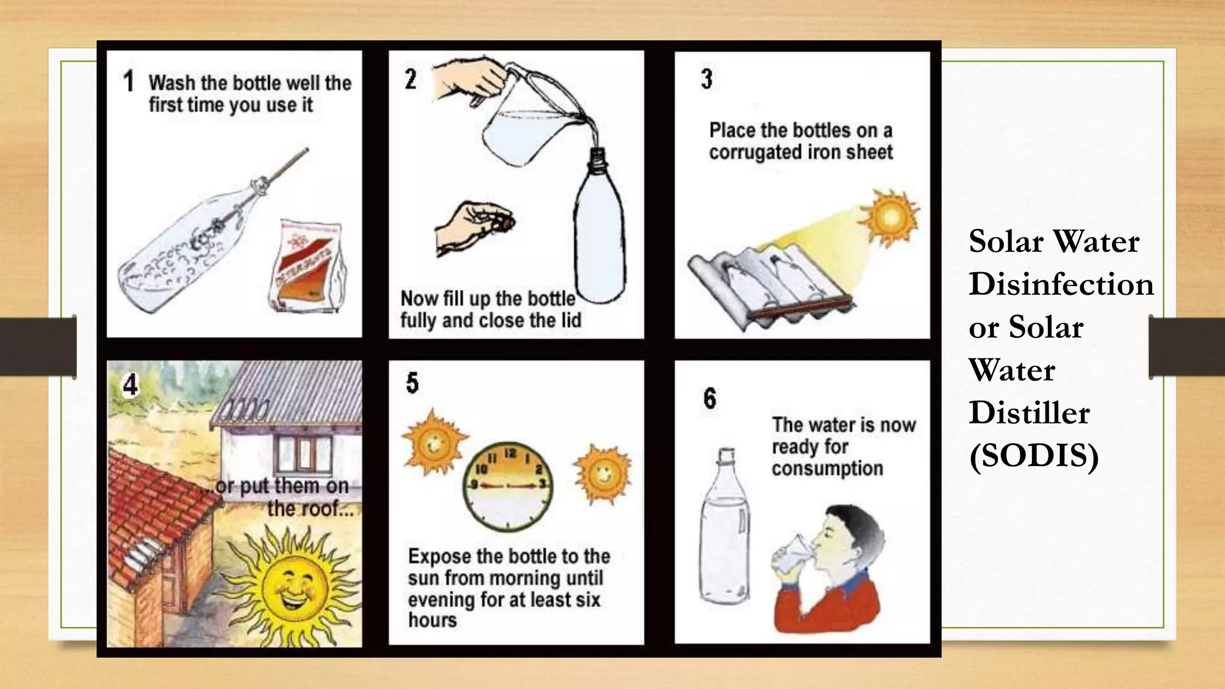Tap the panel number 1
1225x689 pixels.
[129, 81]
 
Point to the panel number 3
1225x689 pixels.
[706, 79]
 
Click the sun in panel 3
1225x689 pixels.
[889, 217]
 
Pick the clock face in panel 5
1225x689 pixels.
[507, 486]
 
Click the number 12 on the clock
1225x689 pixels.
[510, 454]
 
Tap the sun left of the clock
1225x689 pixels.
[434, 442]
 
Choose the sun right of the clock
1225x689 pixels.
[603, 474]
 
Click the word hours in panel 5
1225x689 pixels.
[432, 620]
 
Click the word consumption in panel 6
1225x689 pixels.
[827, 468]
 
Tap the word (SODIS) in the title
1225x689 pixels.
[1034, 456]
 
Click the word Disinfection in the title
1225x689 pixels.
[1061, 284]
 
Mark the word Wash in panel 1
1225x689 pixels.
[172, 83]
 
